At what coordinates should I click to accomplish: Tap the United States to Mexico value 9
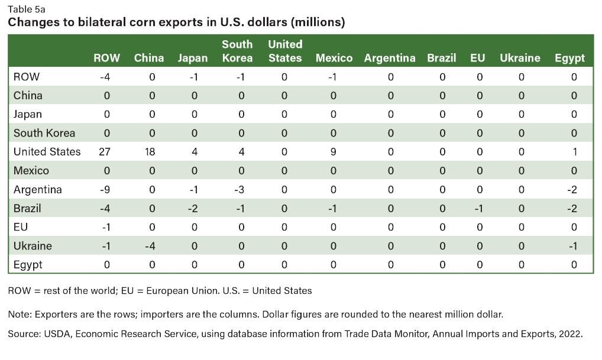click(334, 152)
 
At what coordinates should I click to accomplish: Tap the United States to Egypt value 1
click(574, 152)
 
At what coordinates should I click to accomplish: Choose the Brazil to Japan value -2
click(193, 209)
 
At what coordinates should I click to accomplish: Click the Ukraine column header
click(520, 58)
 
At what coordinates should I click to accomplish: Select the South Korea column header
click(237, 51)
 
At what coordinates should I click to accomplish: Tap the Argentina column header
click(390, 58)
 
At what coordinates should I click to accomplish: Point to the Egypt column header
click(569, 58)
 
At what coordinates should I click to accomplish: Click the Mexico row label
click(31, 171)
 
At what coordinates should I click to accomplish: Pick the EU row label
click(21, 227)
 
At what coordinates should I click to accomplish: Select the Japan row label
click(28, 114)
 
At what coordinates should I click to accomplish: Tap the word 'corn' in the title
click(125, 22)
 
